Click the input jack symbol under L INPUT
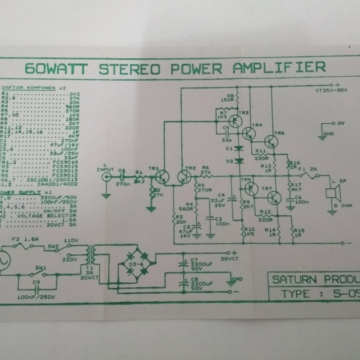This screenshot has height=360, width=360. tap(106, 178)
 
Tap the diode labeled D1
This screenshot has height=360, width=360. tap(239, 148)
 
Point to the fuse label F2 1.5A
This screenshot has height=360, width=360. tap(25, 240)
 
